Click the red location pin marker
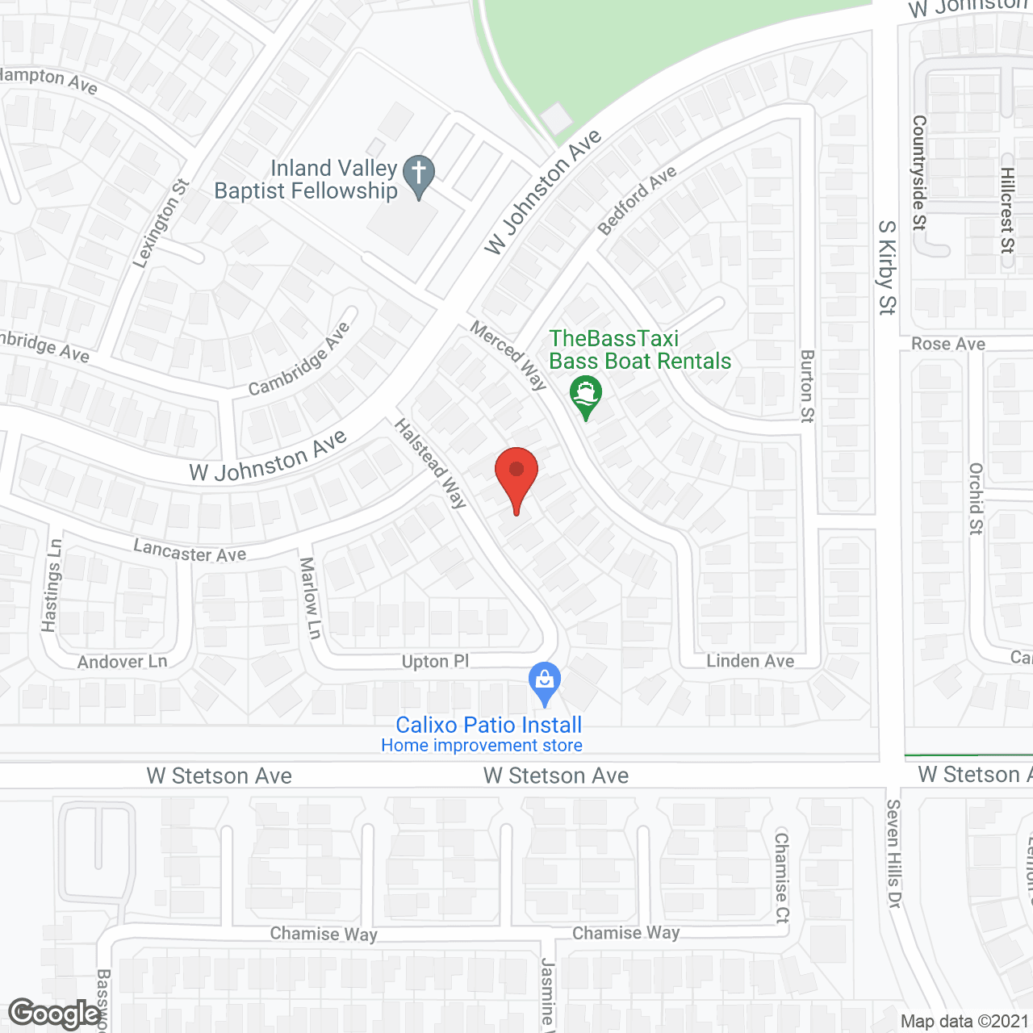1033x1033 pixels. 516,476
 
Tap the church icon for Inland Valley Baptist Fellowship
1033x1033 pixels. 418,175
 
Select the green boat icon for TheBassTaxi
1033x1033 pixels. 586,395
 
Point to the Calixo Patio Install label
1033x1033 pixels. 488,725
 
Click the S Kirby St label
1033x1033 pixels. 887,266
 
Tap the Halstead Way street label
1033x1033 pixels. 431,463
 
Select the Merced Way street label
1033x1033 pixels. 508,355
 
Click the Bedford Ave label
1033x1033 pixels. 637,201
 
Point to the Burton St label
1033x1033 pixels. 807,386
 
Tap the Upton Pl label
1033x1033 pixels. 435,662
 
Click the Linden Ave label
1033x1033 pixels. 750,662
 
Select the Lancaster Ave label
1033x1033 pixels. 190,552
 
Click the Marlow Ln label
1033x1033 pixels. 310,597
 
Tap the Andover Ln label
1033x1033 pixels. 123,663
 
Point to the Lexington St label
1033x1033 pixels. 161,223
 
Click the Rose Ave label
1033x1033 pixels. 947,344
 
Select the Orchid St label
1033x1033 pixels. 976,498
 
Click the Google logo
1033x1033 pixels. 54,1014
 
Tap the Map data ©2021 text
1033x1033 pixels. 964,1022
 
